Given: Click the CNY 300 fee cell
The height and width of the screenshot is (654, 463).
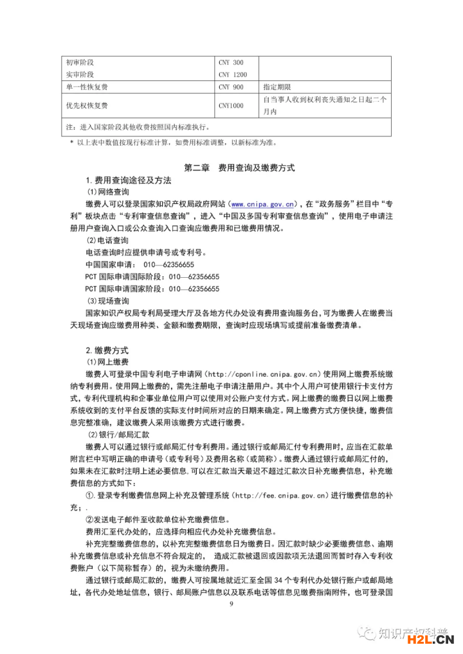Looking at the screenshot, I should tap(231, 62).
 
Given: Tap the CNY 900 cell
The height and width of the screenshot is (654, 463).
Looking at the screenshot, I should tap(231, 87).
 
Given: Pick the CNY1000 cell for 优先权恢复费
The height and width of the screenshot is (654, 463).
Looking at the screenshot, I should tap(231, 105).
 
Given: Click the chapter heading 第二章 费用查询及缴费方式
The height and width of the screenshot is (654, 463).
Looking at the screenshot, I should tap(239, 167).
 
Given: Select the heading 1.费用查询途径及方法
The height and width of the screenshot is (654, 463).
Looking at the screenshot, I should tap(128, 180).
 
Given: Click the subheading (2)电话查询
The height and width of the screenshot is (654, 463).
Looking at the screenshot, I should tap(108, 241).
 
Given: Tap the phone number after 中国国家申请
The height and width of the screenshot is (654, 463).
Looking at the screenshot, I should tap(170, 265).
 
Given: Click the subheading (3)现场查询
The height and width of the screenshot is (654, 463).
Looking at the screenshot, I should tap(108, 301).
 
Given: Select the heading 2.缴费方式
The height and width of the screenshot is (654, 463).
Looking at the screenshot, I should tap(107, 350).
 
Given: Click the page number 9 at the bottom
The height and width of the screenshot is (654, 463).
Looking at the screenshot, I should tap(231, 604).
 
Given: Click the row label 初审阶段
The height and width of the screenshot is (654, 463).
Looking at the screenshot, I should tap(80, 62).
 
